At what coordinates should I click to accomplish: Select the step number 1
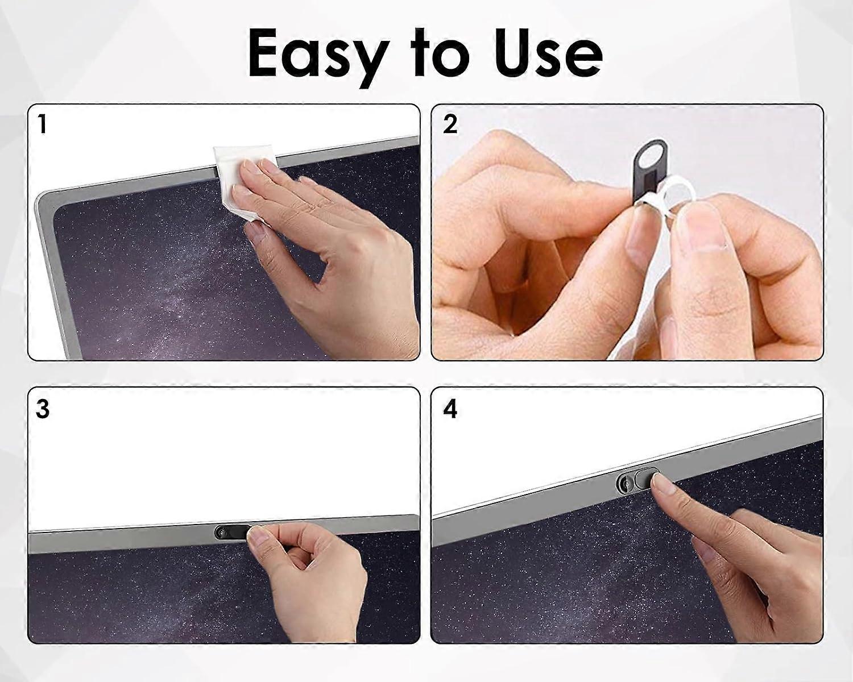42,124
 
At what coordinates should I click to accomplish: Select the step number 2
450,124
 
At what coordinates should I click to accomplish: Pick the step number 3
43,409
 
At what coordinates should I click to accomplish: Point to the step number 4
450,409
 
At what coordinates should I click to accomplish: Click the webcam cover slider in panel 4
639,479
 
